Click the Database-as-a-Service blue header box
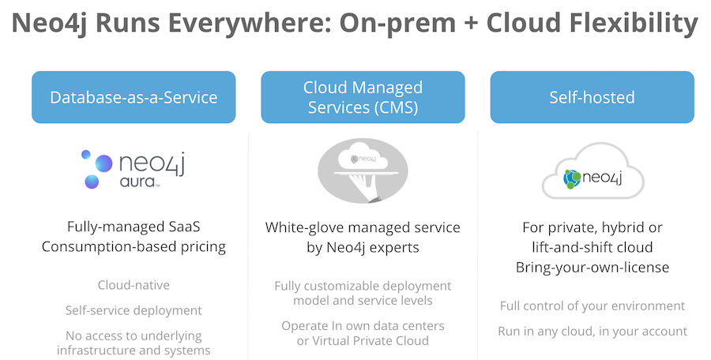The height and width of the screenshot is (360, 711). click(134, 97)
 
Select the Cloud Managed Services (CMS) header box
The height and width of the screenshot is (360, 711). click(363, 97)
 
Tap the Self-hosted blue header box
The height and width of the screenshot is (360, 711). click(592, 97)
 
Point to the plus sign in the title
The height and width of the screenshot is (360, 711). click(471, 24)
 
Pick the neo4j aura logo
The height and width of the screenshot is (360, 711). click(134, 169)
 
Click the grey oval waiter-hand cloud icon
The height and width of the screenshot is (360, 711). click(363, 171)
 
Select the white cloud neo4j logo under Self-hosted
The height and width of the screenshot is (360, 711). click(592, 171)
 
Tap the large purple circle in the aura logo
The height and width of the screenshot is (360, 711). click(103, 163)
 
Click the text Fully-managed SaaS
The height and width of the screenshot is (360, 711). click(134, 227)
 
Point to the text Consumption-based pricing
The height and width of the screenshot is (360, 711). click(134, 247)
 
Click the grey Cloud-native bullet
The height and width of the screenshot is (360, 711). click(134, 285)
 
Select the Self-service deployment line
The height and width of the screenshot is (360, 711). click(134, 310)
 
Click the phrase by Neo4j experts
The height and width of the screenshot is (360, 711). click(363, 248)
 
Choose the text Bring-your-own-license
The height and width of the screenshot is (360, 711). click(592, 268)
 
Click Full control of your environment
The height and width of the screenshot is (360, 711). click(592, 306)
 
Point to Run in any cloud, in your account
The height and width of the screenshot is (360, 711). click(592, 332)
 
